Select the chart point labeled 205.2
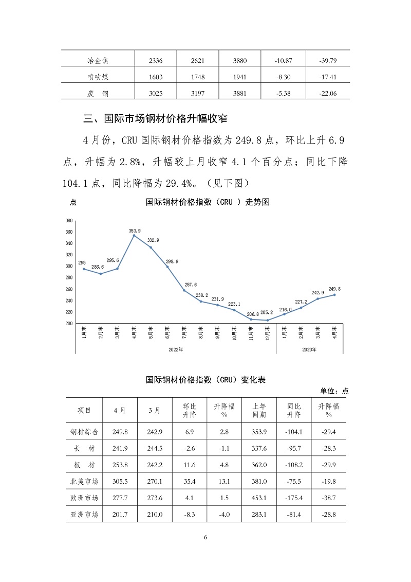click(267, 320)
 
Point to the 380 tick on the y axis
click(68, 220)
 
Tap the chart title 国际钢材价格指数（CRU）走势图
click(208, 202)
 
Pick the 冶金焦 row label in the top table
click(98, 61)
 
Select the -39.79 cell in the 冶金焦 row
click(327, 61)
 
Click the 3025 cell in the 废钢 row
click(155, 93)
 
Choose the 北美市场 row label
click(84, 482)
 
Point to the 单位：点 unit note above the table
click(334, 391)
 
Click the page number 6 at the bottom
click(206, 537)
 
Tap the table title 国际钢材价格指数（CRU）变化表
click(206, 380)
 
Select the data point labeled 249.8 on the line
click(335, 294)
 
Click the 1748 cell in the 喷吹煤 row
click(197, 77)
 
